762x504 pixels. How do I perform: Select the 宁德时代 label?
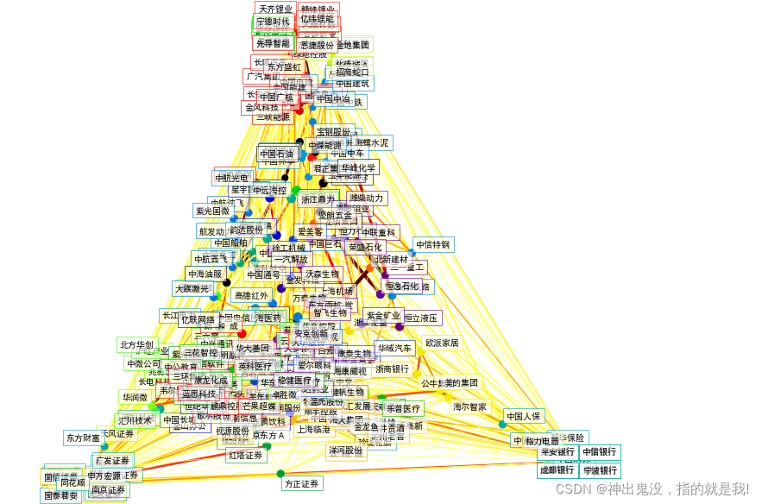click(273, 22)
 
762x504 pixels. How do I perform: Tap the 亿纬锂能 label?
click(317, 19)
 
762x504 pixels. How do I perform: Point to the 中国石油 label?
click(277, 154)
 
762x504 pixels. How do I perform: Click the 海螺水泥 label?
click(371, 142)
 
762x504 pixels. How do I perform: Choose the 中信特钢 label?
click(433, 244)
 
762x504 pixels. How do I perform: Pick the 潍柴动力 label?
click(366, 198)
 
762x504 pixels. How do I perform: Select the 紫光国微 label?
click(213, 211)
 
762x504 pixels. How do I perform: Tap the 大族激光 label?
click(192, 288)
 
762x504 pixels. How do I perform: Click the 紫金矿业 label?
click(383, 316)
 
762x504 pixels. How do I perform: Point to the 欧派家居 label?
click(442, 343)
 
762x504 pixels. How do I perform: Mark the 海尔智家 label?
click(469, 406)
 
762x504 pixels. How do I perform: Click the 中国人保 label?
click(524, 416)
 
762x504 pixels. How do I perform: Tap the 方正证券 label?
click(302, 484)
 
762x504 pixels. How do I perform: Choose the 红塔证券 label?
click(246, 455)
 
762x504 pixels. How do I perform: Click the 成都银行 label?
click(557, 470)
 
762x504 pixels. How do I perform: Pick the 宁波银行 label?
click(600, 470)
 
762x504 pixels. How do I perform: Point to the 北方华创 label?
click(136, 345)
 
